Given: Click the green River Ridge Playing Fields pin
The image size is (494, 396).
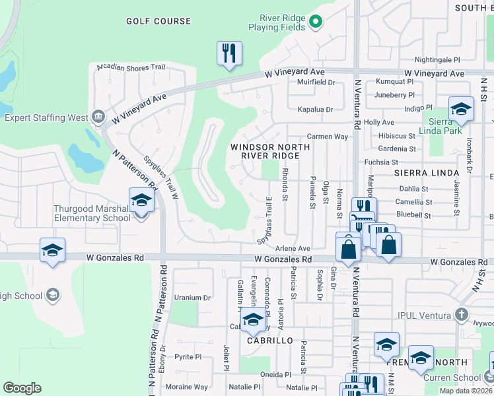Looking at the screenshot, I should click(316, 22).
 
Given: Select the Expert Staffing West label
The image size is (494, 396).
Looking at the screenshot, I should click(46, 118).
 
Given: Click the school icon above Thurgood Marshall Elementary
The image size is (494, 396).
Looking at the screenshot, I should click(141, 201).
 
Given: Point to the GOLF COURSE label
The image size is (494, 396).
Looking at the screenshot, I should click(159, 21).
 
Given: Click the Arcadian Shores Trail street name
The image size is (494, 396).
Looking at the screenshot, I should click(130, 67).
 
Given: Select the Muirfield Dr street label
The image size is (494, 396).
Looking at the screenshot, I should click(316, 82).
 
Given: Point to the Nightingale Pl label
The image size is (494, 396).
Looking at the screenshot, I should click(437, 59).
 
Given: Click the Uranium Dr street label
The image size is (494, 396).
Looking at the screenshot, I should click(192, 298).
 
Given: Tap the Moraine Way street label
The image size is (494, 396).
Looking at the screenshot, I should click(186, 387).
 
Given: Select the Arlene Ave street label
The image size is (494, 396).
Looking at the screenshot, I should click(293, 248).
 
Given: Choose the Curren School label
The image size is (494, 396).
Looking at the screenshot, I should click(462, 378).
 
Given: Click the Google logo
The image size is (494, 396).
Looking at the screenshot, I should click(22, 388).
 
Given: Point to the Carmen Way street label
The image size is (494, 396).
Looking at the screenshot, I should click(328, 137).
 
